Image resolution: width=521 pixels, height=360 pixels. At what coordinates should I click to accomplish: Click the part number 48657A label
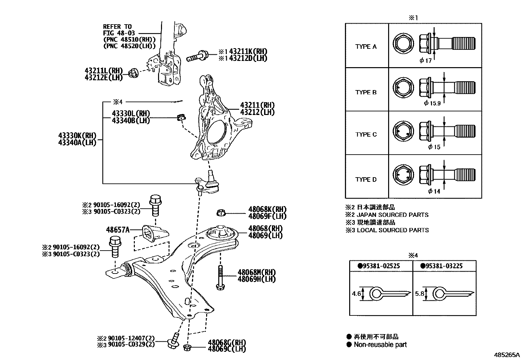point(118,230)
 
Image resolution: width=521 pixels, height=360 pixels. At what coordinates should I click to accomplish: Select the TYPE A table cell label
point(366,47)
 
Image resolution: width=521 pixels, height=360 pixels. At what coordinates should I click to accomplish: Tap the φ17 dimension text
point(426,60)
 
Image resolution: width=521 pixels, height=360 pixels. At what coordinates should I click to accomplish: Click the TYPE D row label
point(366,180)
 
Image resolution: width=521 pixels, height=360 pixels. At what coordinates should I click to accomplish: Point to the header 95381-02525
point(380,266)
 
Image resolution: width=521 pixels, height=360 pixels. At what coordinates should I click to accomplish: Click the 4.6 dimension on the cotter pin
point(356,294)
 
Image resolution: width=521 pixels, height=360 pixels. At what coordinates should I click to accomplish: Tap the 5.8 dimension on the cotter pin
point(419,294)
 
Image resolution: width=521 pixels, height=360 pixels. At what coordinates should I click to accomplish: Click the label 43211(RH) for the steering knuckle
point(257,105)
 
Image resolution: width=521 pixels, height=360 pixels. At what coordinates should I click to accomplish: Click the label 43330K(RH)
point(78,136)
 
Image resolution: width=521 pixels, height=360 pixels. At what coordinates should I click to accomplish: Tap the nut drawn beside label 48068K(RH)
point(221,213)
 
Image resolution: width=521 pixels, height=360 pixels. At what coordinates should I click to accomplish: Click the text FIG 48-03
point(119,33)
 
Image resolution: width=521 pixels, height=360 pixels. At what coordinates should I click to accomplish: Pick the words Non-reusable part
point(380,345)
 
